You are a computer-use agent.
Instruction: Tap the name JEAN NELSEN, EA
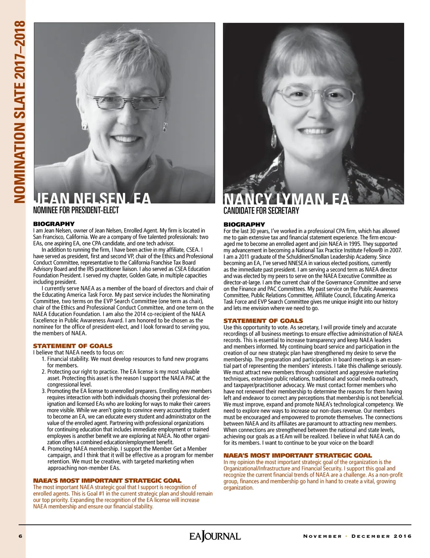point(92,198)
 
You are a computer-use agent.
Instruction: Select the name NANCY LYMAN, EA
point(286,199)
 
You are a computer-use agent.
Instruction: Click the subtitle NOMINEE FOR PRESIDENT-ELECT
point(76,210)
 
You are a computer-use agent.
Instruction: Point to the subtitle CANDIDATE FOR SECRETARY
point(261,211)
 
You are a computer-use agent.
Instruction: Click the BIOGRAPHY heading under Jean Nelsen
point(54,224)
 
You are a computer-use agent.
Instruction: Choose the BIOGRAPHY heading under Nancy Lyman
point(244,224)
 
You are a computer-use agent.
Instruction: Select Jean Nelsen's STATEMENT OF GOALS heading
point(73,346)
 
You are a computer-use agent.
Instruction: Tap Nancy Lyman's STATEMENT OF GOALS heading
point(263,321)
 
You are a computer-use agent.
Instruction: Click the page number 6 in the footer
point(20,536)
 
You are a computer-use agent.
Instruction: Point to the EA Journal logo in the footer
point(215,536)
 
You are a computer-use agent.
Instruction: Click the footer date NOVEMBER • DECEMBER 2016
point(357,536)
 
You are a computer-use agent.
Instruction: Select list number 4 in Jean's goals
point(44,449)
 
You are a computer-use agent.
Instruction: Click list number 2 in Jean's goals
point(44,372)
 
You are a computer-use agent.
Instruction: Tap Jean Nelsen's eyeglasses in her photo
point(121,101)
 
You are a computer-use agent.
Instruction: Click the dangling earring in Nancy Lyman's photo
point(274,135)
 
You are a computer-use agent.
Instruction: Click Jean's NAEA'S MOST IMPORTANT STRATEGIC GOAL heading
point(107,481)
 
